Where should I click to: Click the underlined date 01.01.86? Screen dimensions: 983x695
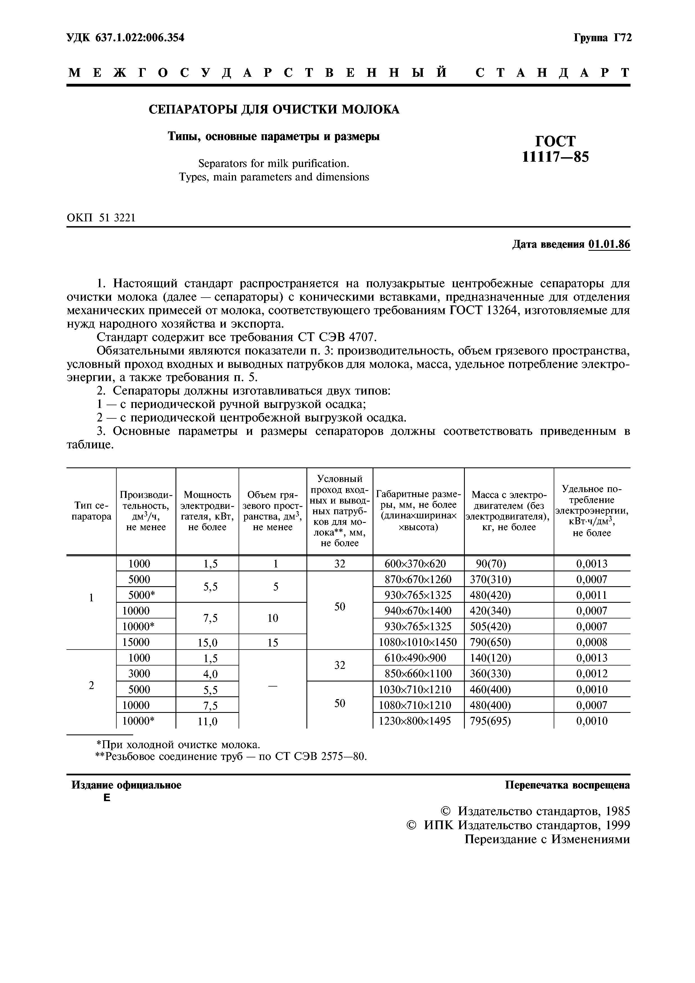(x=609, y=244)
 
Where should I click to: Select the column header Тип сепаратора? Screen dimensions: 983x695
(x=91, y=511)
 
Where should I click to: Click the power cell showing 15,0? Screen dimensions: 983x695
(x=207, y=642)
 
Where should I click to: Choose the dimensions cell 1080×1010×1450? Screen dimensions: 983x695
(x=418, y=642)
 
